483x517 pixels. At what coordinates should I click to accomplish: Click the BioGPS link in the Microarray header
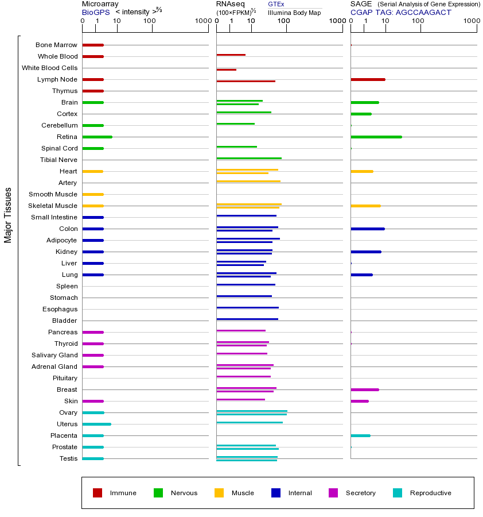click(94, 12)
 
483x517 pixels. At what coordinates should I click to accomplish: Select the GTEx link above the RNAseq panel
click(276, 4)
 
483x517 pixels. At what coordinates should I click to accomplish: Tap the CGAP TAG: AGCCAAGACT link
click(400, 12)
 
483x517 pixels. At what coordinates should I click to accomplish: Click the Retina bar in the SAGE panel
click(376, 137)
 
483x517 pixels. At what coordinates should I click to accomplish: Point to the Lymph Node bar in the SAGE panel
click(368, 79)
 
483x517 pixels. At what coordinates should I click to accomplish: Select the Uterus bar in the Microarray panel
click(96, 424)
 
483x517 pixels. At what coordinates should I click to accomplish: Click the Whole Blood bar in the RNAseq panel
click(231, 55)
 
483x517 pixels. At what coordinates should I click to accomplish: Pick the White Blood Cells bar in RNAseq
click(226, 70)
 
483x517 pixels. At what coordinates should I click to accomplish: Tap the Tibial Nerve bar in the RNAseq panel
click(249, 158)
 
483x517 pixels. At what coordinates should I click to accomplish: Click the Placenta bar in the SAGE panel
click(360, 435)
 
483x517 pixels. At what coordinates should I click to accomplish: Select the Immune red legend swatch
click(98, 493)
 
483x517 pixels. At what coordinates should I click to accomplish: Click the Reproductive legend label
click(430, 493)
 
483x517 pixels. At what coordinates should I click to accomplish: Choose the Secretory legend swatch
click(333, 493)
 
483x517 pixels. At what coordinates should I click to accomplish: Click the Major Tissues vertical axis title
click(8, 215)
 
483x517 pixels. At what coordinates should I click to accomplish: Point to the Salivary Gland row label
click(54, 355)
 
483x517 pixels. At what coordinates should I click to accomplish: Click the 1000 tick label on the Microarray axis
click(202, 21)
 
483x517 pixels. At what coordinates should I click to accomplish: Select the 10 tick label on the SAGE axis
click(385, 21)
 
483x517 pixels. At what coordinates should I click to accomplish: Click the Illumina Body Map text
click(294, 12)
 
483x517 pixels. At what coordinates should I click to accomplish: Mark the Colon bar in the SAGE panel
click(367, 229)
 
